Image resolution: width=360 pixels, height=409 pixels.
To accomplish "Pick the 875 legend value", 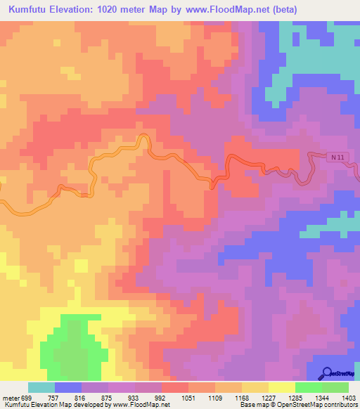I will pyautogui.click(x=108, y=398).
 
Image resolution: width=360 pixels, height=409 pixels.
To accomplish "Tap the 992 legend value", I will pyautogui.click(x=162, y=398).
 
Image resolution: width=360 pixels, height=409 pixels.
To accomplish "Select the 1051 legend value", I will pyautogui.click(x=188, y=398).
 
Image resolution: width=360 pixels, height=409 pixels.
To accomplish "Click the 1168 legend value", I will pyautogui.click(x=243, y=398).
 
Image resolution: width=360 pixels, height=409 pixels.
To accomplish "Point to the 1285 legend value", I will pyautogui.click(x=295, y=398).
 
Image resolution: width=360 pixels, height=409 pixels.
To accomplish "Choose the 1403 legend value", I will pyautogui.click(x=349, y=398).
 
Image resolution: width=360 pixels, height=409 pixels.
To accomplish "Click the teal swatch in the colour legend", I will pyautogui.click(x=41, y=387).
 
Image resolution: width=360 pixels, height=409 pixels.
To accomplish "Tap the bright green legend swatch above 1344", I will pyautogui.click(x=309, y=387).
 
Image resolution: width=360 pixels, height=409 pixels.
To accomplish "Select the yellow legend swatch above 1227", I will pyautogui.click(x=282, y=387).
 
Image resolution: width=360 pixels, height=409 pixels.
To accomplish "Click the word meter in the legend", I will pyautogui.click(x=9, y=398).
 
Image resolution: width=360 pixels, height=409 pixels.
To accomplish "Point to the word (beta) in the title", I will pyautogui.click(x=280, y=10).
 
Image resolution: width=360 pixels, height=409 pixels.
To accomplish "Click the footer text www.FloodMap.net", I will pyautogui.click(x=140, y=405).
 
